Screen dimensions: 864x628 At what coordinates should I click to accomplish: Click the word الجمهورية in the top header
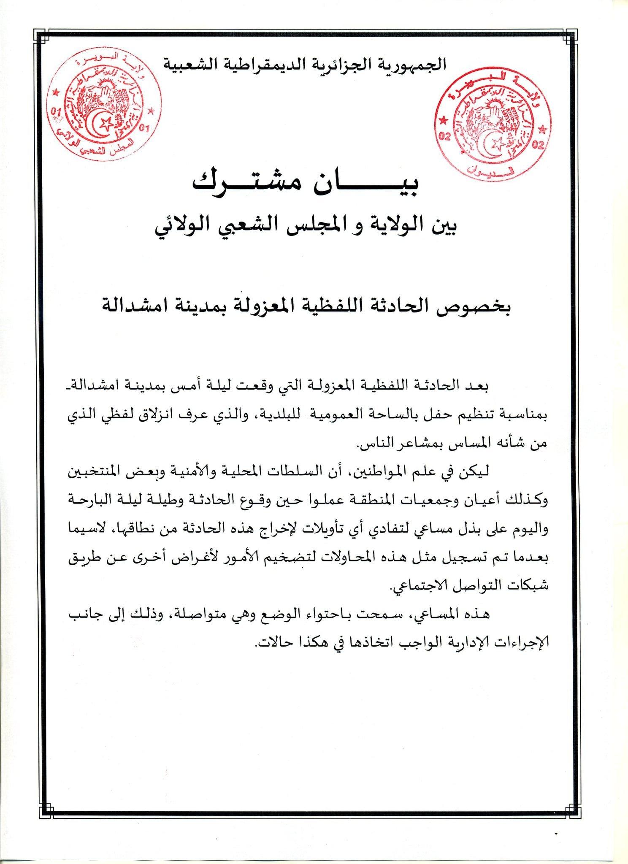point(415,64)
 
